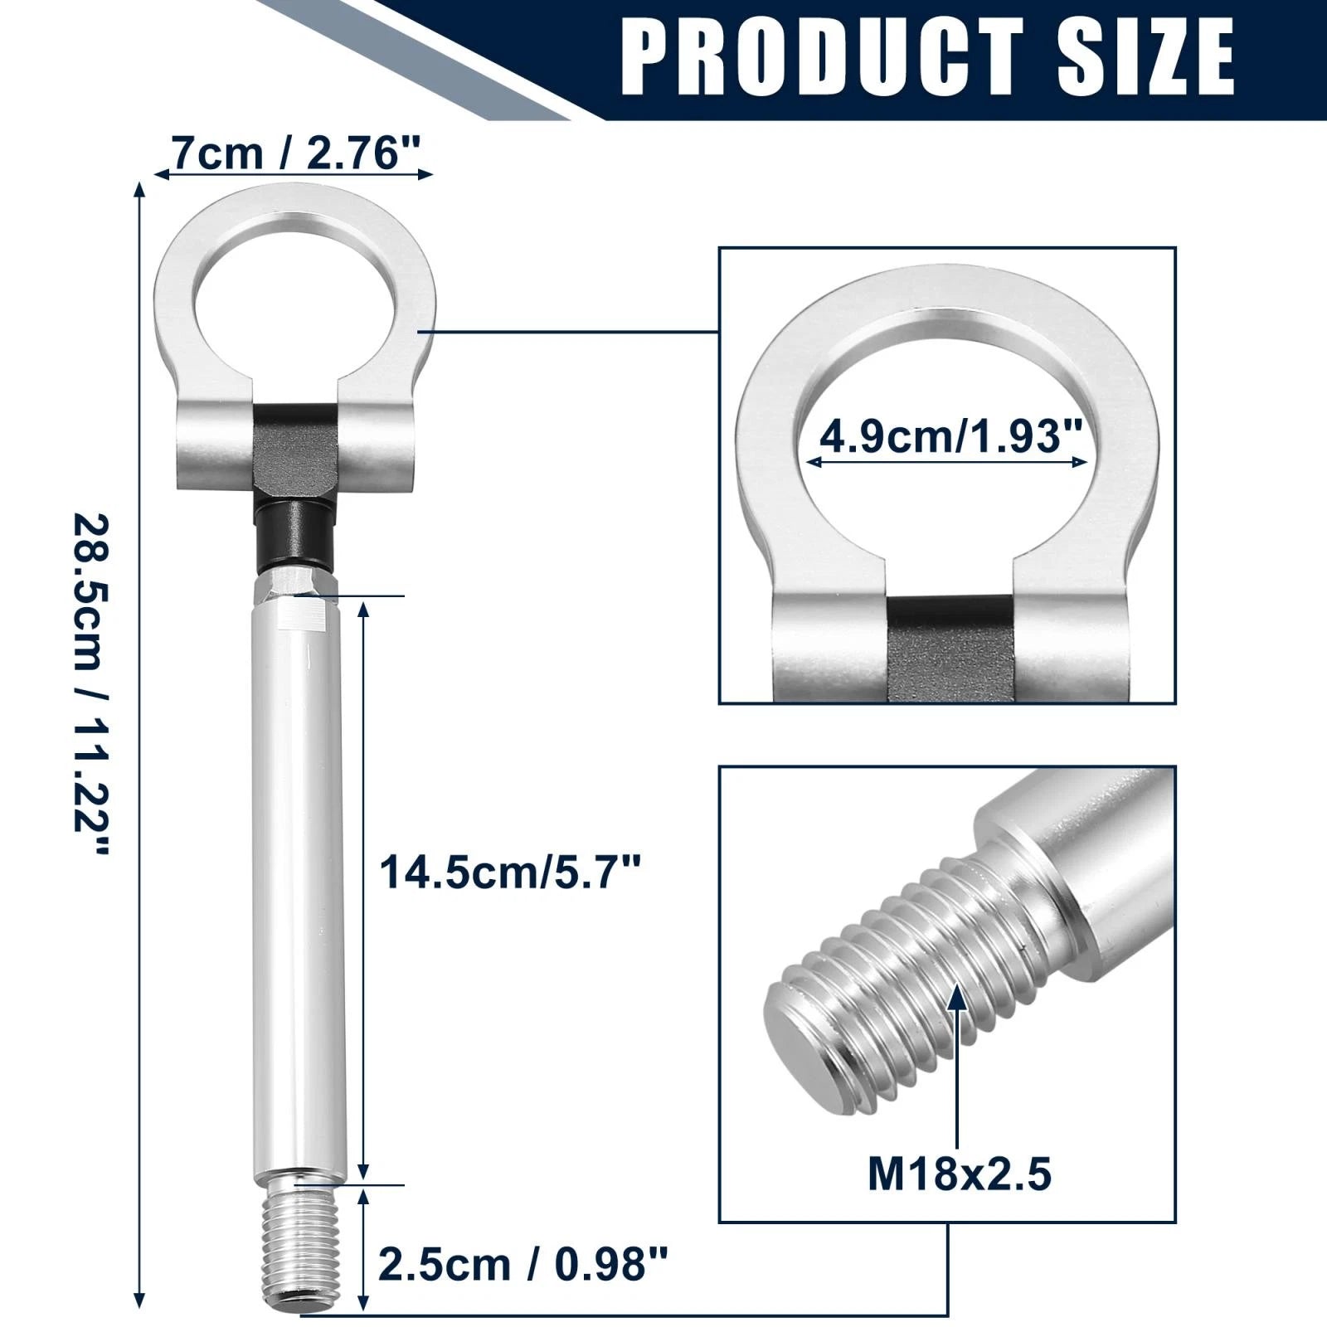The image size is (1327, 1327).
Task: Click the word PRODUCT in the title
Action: click(x=822, y=57)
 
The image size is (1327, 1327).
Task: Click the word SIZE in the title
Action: click(x=1146, y=57)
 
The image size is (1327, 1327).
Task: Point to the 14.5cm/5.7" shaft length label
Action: click(x=511, y=873)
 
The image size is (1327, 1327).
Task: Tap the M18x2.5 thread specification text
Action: click(x=960, y=1174)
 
